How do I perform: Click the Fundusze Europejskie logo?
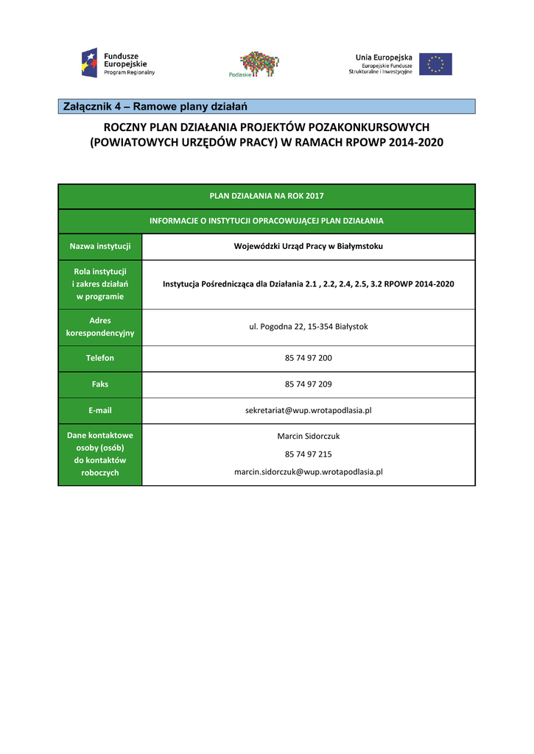tap(119, 63)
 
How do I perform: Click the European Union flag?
tap(435, 64)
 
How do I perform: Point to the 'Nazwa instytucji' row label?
tap(100, 247)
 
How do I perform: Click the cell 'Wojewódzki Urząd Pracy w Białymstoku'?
tap(308, 247)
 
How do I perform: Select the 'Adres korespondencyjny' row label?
tap(100, 327)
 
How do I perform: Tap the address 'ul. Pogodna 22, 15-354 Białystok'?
tap(308, 327)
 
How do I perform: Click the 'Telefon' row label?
tap(100, 359)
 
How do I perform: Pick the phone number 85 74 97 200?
tap(308, 359)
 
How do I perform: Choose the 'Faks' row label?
tap(100, 384)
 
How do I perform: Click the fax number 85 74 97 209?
tap(308, 384)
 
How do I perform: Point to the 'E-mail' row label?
tap(100, 410)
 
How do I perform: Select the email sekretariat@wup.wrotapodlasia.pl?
tap(308, 410)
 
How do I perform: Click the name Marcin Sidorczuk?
tap(308, 436)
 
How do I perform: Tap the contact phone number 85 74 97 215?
tap(308, 454)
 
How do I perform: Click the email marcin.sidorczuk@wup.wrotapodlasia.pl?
tap(308, 472)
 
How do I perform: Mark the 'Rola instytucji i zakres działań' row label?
tap(100, 284)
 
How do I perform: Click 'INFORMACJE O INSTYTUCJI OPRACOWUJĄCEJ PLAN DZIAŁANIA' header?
tap(266, 221)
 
